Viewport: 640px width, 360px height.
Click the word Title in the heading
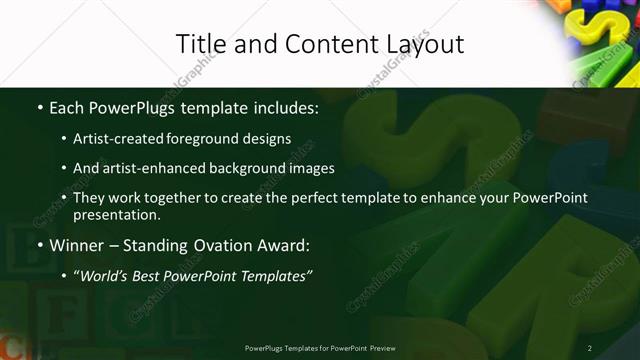click(200, 44)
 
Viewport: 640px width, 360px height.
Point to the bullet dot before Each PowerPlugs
click(39, 108)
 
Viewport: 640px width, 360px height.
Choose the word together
click(175, 198)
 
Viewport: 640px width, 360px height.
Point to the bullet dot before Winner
click(39, 244)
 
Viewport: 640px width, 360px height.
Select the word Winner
click(78, 244)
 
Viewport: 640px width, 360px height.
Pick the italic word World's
click(107, 275)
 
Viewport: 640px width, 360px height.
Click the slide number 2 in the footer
click(590, 347)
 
